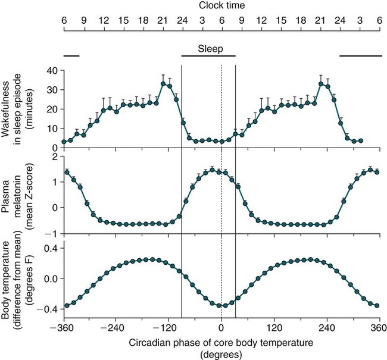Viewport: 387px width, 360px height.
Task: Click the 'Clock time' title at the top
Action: tap(221, 7)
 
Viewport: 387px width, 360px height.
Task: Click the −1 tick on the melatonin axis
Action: tap(51, 233)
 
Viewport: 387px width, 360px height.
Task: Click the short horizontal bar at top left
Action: tap(71, 56)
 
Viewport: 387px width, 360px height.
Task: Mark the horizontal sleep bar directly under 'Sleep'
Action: tap(208, 56)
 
